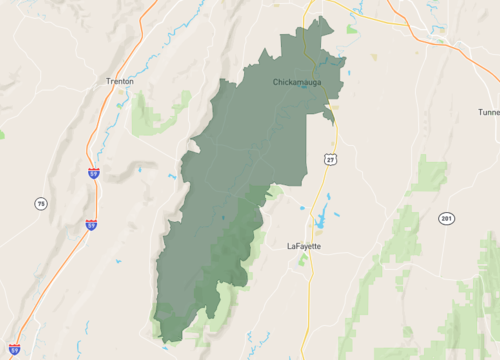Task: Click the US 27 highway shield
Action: point(329,159)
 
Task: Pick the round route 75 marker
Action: point(40,204)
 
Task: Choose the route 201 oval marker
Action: point(446,218)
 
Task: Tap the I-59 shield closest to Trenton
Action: point(92,173)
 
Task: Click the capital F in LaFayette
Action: point(298,245)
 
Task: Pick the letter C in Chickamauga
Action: point(276,82)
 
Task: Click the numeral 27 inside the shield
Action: point(329,160)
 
